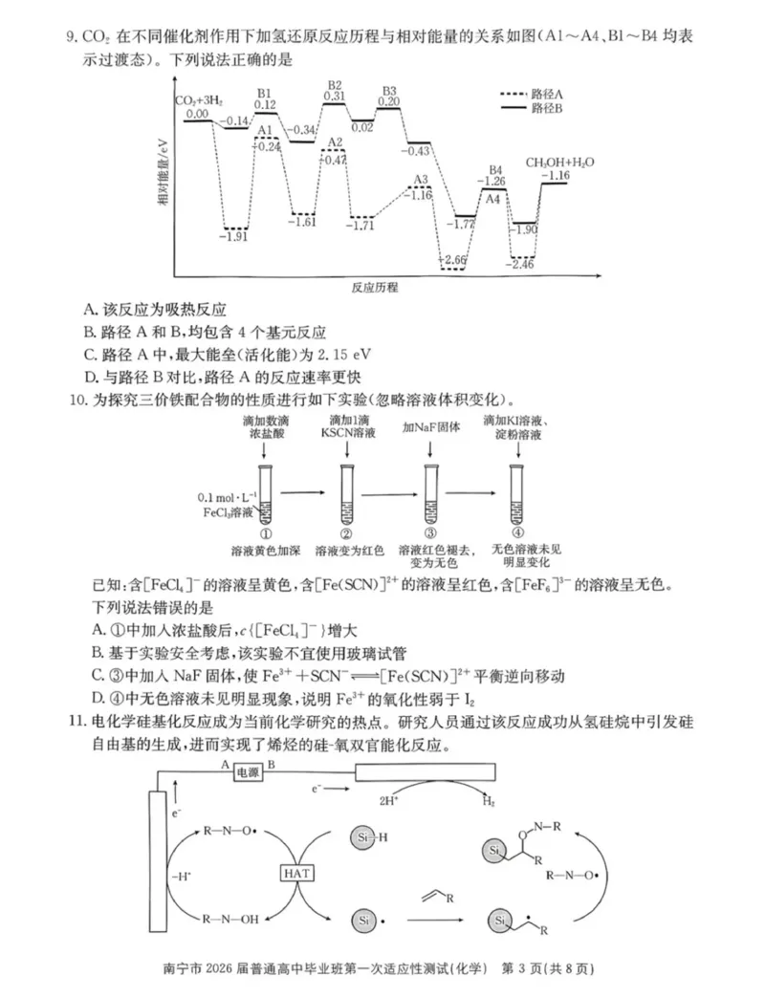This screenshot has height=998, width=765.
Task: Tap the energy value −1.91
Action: (234, 236)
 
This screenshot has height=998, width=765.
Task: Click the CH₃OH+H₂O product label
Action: (559, 163)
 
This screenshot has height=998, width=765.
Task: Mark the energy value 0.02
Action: (362, 126)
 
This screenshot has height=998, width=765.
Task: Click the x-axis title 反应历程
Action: (375, 287)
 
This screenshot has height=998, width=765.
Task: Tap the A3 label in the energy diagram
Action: (420, 180)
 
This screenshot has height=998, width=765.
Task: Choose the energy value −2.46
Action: (522, 265)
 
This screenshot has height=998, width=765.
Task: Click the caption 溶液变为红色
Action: (348, 552)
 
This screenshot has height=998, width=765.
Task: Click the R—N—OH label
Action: (229, 920)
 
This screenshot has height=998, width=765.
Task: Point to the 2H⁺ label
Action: (388, 802)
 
